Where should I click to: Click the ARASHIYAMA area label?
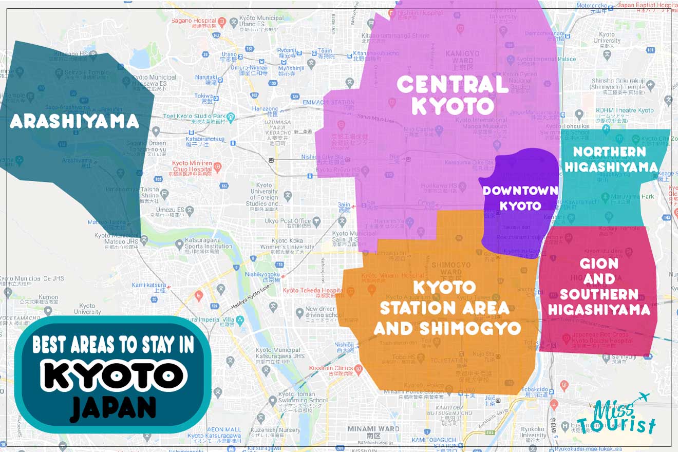tap(74, 121)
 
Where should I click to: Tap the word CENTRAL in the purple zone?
tap(452, 84)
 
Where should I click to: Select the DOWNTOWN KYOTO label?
tap(520, 198)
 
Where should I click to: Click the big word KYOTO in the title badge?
tap(113, 376)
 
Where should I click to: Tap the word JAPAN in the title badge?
tap(113, 408)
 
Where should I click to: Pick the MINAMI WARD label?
tap(373, 428)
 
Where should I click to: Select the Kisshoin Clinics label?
tap(331, 368)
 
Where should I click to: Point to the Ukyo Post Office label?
tap(288, 221)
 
